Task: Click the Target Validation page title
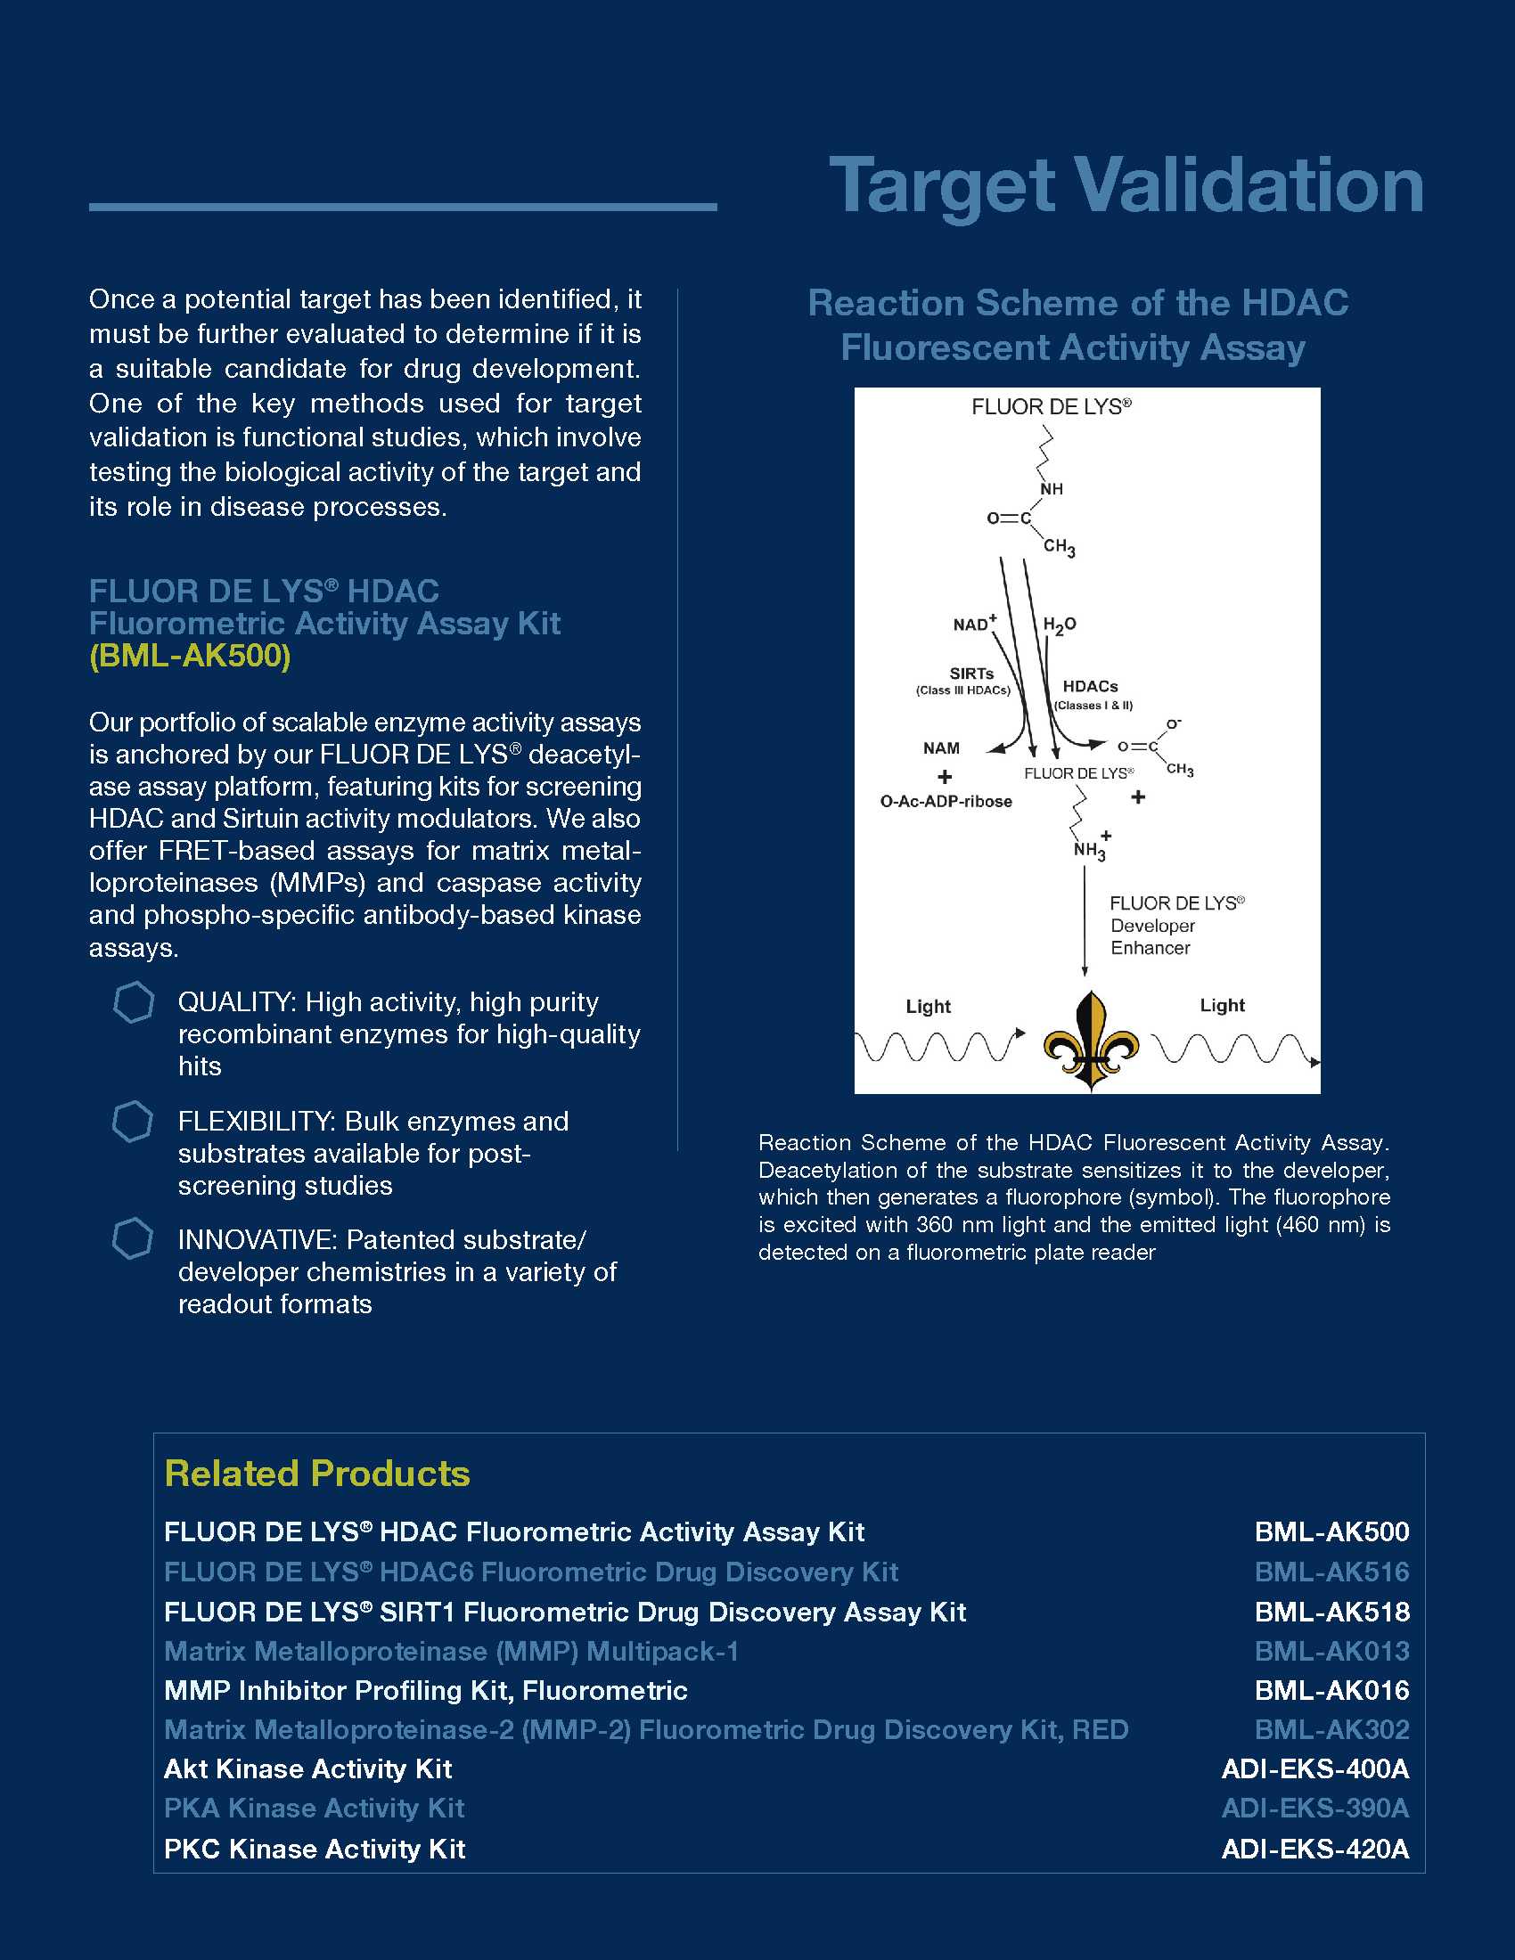1126,186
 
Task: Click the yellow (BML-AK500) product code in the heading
189,656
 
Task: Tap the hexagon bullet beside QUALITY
134,1002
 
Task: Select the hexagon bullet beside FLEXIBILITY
133,1122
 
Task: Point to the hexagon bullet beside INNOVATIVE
133,1239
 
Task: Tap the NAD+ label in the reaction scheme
975,623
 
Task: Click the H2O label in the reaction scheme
1059,625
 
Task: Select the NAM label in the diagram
941,747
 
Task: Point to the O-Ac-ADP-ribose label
946,802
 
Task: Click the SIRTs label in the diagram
971,673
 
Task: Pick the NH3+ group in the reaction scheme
1092,847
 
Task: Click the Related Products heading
317,1474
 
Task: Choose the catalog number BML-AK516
1331,1572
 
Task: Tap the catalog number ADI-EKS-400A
1314,1768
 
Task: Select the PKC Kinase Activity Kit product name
314,1849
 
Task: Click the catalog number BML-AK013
1331,1650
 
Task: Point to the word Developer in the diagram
1152,926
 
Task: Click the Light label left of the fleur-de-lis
928,1006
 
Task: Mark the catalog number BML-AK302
1331,1729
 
